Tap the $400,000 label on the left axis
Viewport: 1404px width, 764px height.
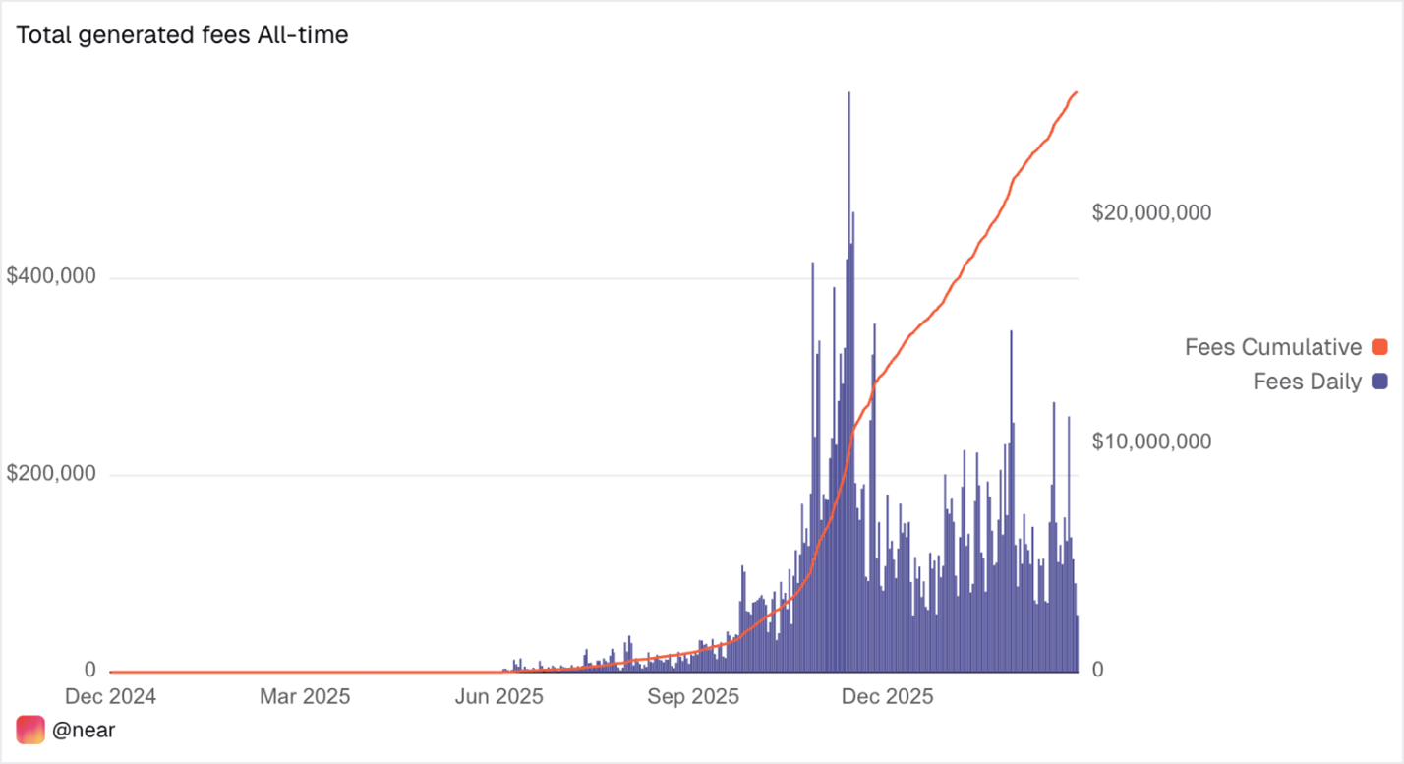coord(51,276)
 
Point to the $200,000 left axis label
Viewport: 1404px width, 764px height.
coord(51,474)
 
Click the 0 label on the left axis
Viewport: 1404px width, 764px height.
coord(89,670)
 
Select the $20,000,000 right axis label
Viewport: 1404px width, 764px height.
coord(1151,212)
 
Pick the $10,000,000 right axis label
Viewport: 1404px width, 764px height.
coord(1151,441)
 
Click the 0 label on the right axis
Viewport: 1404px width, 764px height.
coord(1099,670)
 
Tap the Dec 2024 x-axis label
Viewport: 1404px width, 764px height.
coord(110,697)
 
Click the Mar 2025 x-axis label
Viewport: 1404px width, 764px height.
coord(304,697)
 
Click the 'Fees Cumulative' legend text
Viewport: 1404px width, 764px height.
coord(1272,347)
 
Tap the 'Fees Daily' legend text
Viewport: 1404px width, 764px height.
coord(1307,382)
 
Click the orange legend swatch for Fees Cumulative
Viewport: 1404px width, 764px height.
coord(1378,347)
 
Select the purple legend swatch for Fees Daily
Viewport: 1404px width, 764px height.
coord(1378,382)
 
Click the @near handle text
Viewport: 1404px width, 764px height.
coord(84,731)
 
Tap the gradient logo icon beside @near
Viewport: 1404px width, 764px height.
coord(30,730)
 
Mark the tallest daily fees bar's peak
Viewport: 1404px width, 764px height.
coord(848,93)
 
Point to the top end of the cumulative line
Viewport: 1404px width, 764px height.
coord(1078,92)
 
